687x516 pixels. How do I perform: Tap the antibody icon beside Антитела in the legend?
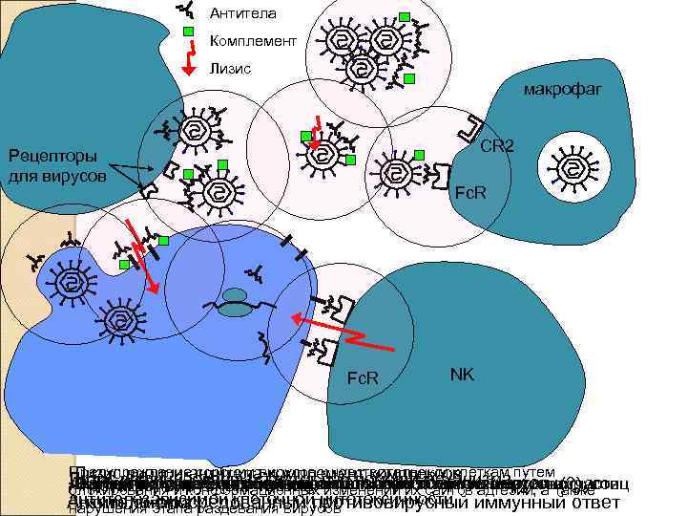(x=188, y=11)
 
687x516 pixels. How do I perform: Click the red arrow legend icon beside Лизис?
(x=189, y=66)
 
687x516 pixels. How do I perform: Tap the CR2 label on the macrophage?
(x=497, y=146)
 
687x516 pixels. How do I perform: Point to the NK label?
(x=464, y=375)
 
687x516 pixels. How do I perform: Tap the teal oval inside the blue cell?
(x=233, y=308)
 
